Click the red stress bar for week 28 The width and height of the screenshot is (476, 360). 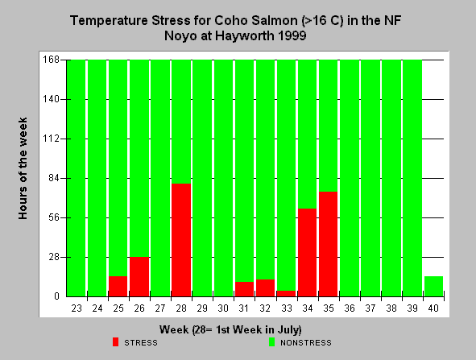coord(181,240)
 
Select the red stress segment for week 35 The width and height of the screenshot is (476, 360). coord(328,244)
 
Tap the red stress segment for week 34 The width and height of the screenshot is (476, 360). coord(307,252)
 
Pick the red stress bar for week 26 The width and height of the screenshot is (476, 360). coord(139,276)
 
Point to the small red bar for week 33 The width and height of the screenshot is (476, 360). coord(286,293)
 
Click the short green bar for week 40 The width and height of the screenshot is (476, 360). coord(433,286)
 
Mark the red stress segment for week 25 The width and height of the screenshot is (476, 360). coord(118,286)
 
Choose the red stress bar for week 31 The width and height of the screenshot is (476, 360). coord(244,289)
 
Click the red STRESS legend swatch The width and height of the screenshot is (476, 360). coord(115,342)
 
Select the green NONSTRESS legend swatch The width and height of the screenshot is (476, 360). coord(271,342)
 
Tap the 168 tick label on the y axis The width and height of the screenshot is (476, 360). coord(51,60)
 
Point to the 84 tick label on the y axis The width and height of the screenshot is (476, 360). coord(54,178)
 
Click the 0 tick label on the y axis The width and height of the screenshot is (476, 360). coord(56,296)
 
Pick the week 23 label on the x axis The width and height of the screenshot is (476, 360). coord(77,308)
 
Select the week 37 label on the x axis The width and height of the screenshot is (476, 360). coord(370,308)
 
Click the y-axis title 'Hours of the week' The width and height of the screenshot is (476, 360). coord(23,168)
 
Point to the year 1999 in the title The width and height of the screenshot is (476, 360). coord(292,35)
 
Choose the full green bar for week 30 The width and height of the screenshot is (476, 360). coord(223,178)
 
